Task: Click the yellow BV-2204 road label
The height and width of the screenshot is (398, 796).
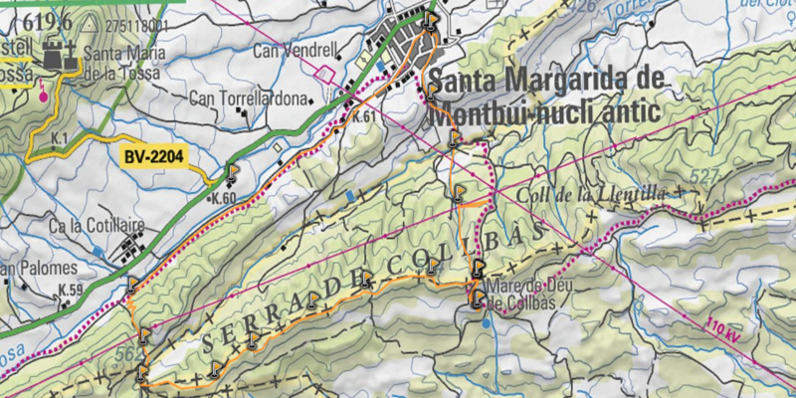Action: point(157,156)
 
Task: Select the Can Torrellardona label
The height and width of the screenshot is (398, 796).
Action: point(249,99)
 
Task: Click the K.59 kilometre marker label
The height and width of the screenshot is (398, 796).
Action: point(70,291)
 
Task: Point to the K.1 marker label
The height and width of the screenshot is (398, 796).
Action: point(59,136)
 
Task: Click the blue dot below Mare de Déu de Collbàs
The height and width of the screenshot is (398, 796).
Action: point(485,322)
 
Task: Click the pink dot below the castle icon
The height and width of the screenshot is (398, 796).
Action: point(43,97)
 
